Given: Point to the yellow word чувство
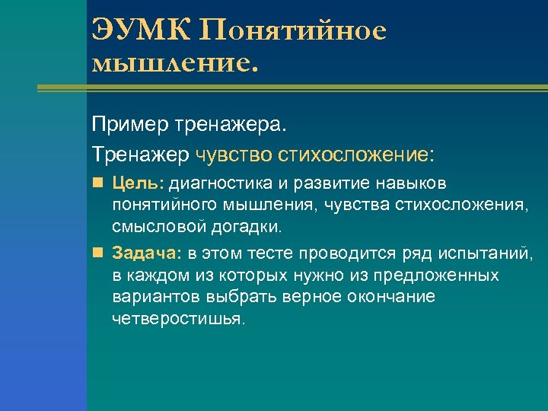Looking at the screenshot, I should (234, 155).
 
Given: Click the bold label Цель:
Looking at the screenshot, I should (138, 183).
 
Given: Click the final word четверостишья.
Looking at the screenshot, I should (179, 318).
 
